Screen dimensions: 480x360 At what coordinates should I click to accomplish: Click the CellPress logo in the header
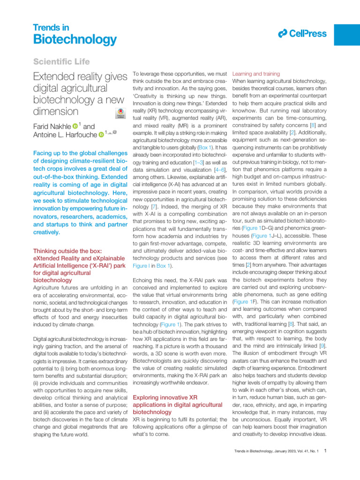click(x=299, y=33)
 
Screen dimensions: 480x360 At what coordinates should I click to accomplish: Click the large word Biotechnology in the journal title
click(x=75, y=39)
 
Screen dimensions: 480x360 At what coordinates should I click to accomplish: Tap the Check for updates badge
click(x=119, y=113)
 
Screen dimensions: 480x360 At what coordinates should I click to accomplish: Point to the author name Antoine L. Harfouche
click(x=65, y=135)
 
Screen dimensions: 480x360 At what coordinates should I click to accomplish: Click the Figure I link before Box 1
click(x=144, y=266)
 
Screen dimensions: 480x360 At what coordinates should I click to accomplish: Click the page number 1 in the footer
click(x=325, y=451)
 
